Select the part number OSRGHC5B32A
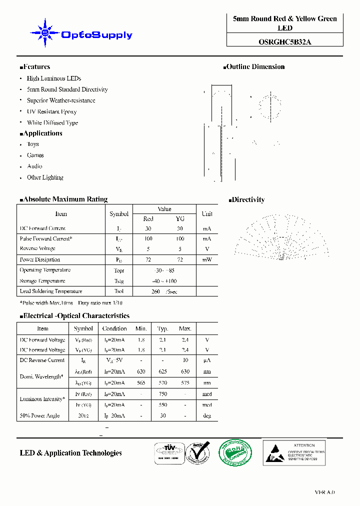(285, 42)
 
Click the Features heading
(35, 67)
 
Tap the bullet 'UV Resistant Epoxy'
(51, 111)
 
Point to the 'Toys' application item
(33, 144)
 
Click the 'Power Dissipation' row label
(40, 260)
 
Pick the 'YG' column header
(180, 219)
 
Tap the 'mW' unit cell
(207, 260)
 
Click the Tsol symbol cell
(119, 291)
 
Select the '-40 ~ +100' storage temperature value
(164, 281)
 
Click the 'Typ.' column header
(163, 329)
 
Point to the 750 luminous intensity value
(163, 394)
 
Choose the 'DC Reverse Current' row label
(42, 360)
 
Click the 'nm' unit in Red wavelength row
(207, 372)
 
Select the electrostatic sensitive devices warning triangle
(274, 453)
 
